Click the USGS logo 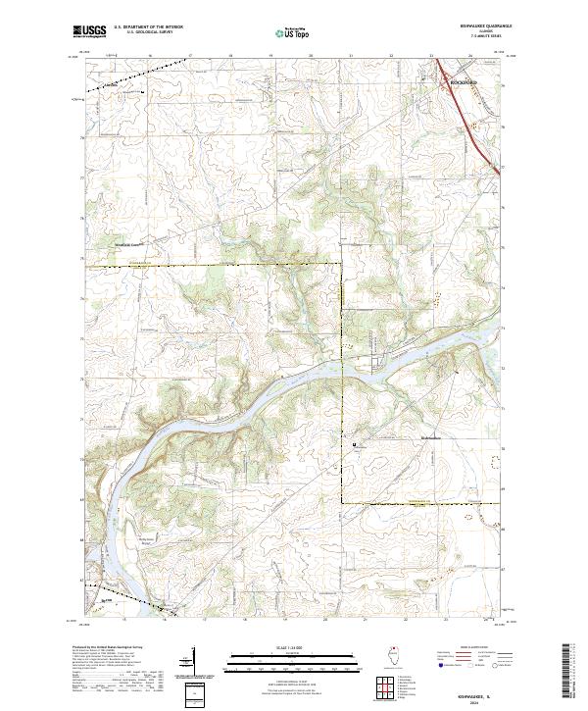click(89, 31)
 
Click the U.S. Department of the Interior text click(148, 27)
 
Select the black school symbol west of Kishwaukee click(355, 446)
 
